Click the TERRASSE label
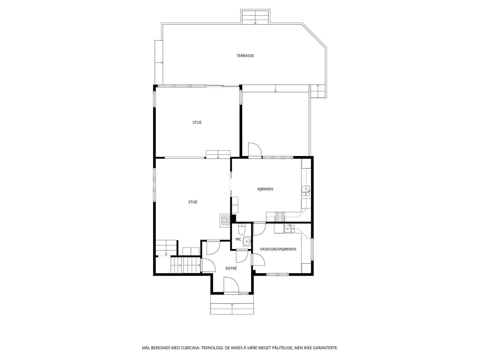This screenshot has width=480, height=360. (x=245, y=56)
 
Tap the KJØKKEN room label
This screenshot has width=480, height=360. (x=265, y=189)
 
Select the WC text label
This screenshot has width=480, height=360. (x=238, y=239)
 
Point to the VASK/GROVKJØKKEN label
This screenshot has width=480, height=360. (x=278, y=249)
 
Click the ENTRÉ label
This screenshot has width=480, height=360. (x=231, y=268)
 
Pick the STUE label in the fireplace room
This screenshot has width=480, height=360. (x=193, y=202)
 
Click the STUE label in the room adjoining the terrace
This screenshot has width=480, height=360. (x=197, y=122)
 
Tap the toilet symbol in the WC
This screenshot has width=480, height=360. (x=242, y=229)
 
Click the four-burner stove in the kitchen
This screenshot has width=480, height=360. (x=280, y=217)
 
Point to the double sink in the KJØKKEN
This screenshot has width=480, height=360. (x=306, y=191)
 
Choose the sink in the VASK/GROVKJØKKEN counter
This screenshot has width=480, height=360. (x=289, y=229)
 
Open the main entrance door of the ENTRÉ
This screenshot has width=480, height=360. (x=231, y=285)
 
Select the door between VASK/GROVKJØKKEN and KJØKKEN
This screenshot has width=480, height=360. (x=259, y=229)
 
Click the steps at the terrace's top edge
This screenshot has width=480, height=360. (x=255, y=16)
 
